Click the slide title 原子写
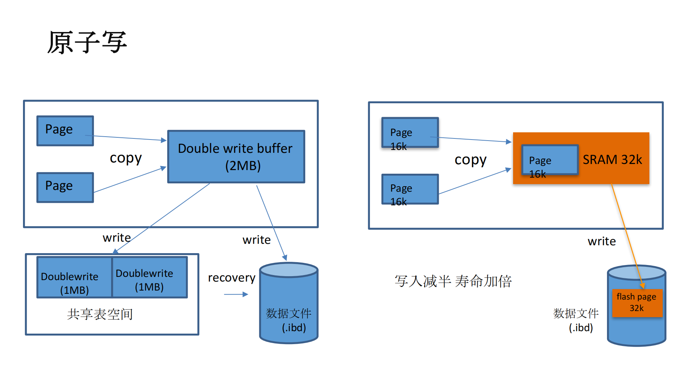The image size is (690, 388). (x=87, y=42)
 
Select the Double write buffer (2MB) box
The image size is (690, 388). (x=236, y=157)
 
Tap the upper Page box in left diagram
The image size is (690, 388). (x=65, y=131)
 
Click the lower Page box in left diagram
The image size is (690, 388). (x=65, y=187)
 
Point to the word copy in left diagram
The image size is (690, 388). (x=125, y=158)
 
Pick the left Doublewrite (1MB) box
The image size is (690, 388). (x=74, y=277)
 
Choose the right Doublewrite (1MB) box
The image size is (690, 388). (x=150, y=277)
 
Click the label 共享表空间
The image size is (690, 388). (x=100, y=314)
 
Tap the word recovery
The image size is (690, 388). (x=231, y=278)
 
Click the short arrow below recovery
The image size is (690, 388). (x=236, y=295)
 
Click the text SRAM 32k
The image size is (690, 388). (x=612, y=160)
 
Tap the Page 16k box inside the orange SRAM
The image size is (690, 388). (x=549, y=160)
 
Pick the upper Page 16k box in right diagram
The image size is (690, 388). (x=410, y=133)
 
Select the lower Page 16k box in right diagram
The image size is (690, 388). (x=410, y=189)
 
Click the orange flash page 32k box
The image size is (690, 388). (x=637, y=303)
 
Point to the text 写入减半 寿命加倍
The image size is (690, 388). (x=453, y=281)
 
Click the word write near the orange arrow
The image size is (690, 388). (x=601, y=241)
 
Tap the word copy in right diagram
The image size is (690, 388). (x=470, y=160)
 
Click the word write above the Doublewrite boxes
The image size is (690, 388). (x=116, y=238)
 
